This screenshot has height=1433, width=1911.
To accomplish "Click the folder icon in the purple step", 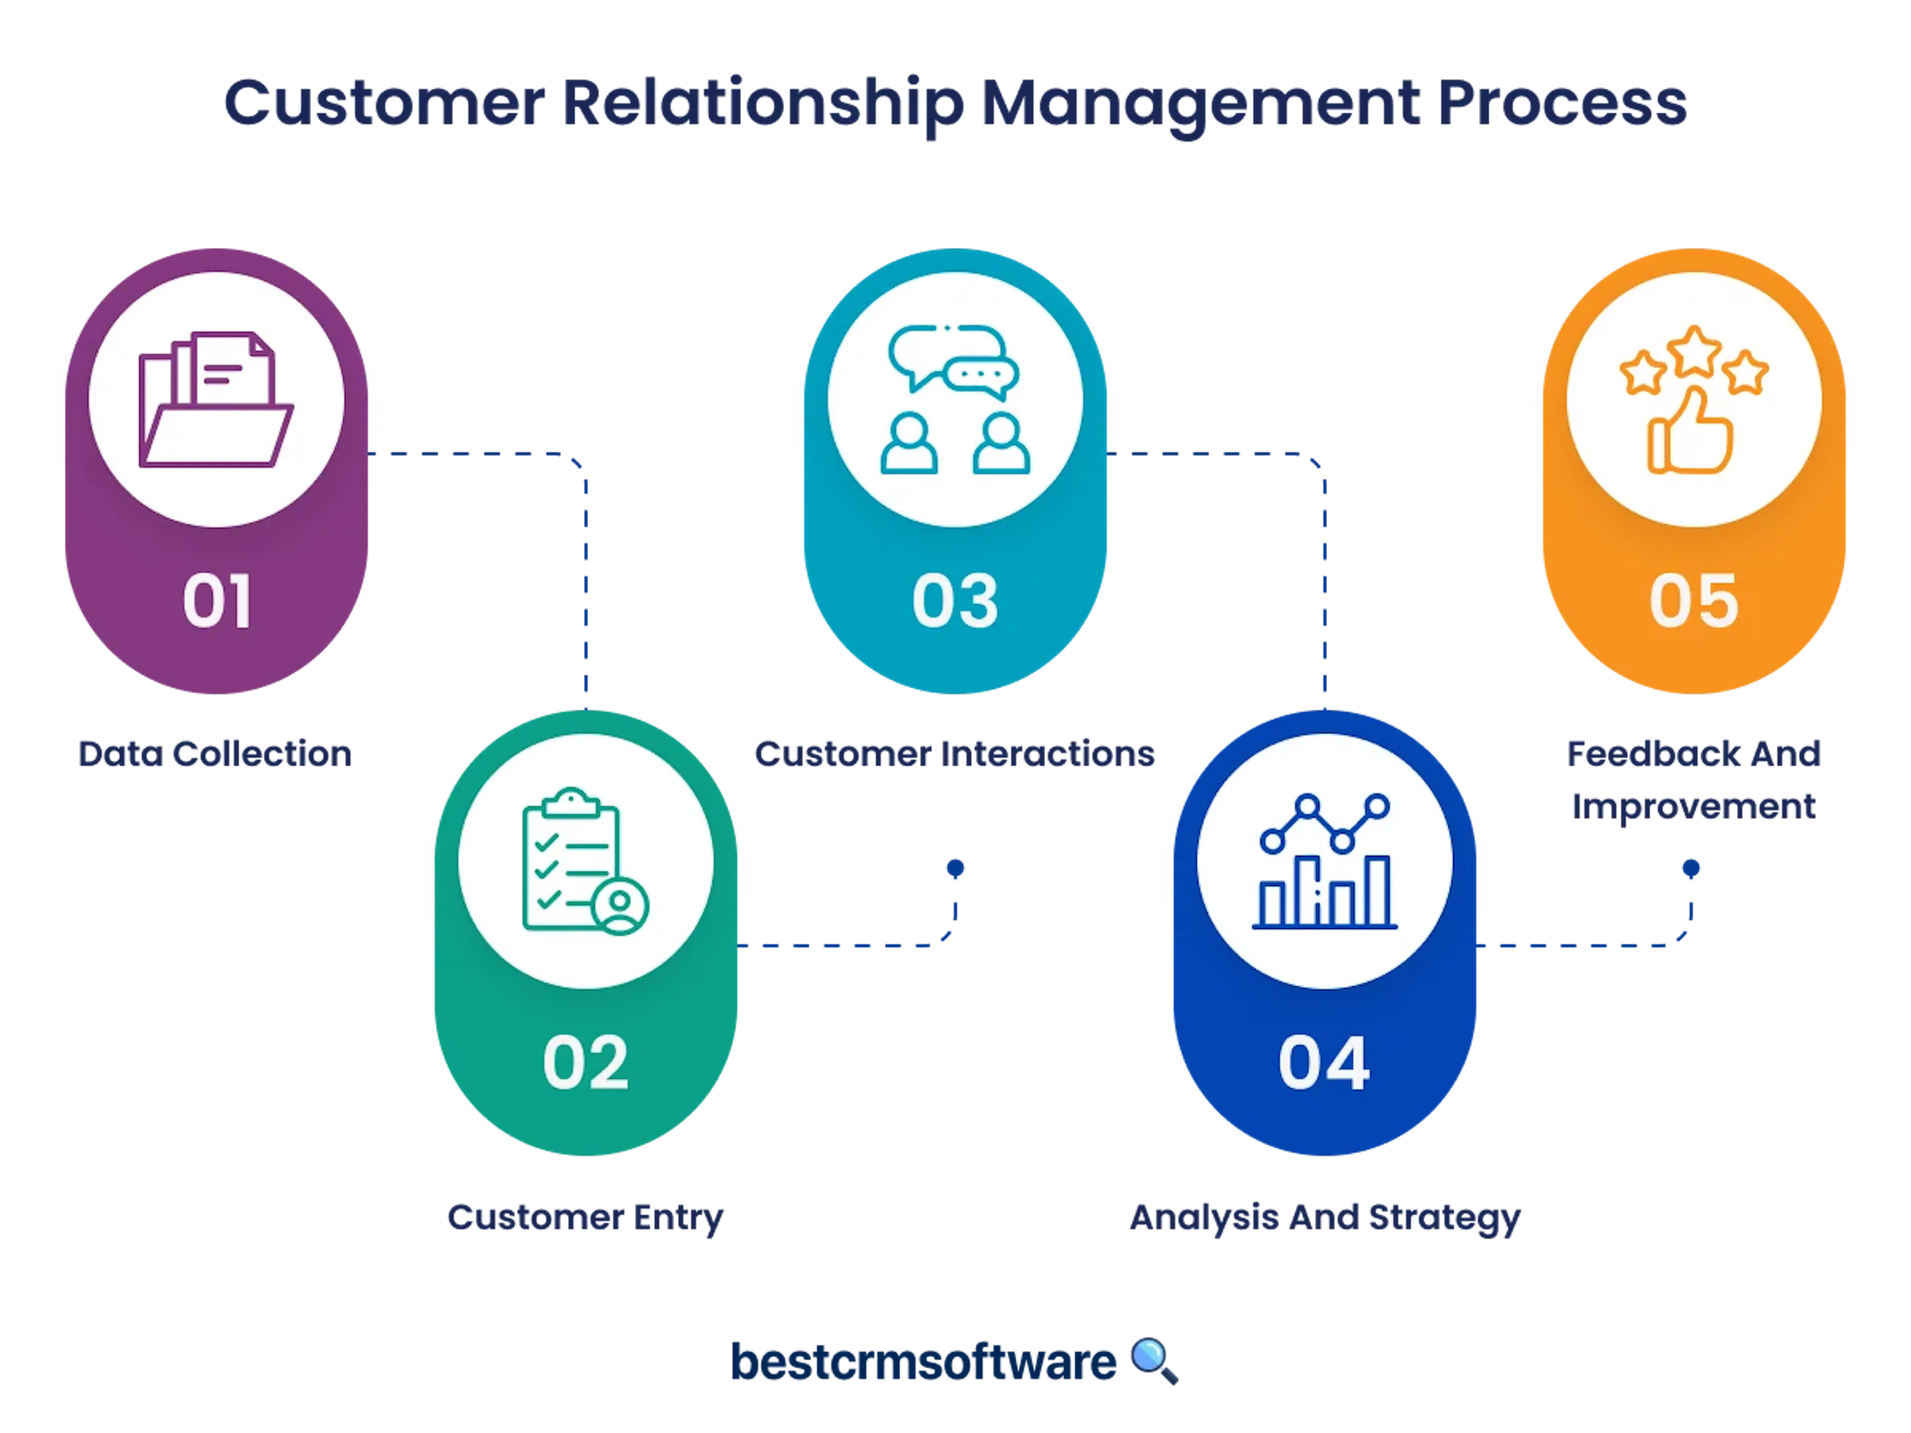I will [216, 400].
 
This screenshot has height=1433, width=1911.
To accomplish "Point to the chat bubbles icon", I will [955, 400].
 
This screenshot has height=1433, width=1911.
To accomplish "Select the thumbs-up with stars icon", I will [1694, 400].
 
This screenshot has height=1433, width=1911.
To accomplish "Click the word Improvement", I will [1694, 807].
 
